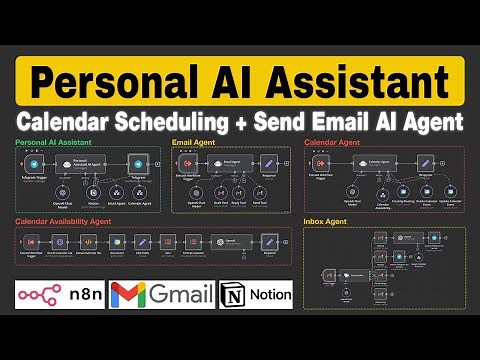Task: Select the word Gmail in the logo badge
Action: (180, 296)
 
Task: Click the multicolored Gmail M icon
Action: (127, 296)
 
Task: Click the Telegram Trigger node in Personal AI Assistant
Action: (34, 163)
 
